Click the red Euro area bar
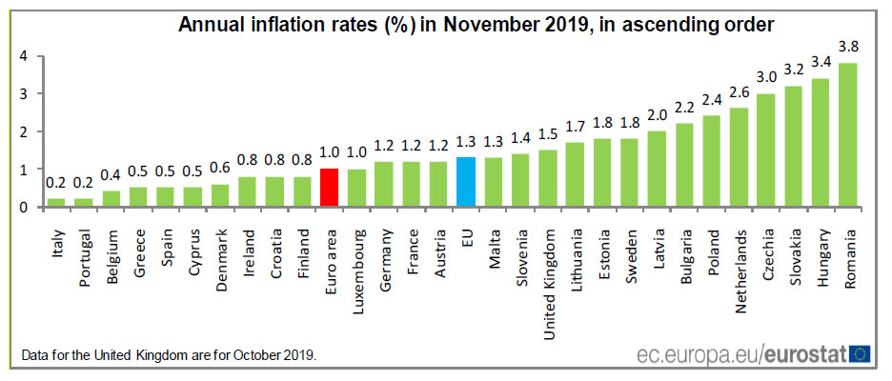[x=330, y=188]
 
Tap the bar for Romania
[x=847, y=134]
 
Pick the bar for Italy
[x=55, y=202]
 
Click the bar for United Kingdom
[x=548, y=178]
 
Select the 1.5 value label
[x=548, y=133]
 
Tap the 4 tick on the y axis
[x=23, y=55]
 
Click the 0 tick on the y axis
[x=23, y=207]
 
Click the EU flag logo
[x=861, y=354]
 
